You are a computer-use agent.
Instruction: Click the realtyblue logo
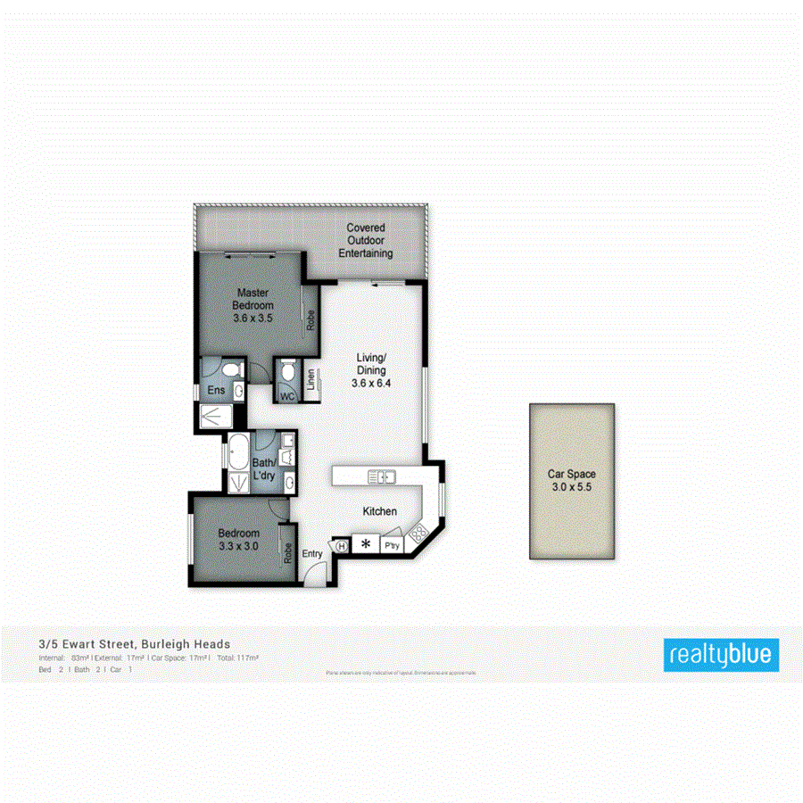721,655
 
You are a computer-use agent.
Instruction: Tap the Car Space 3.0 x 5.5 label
572,481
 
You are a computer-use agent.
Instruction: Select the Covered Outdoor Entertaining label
366,241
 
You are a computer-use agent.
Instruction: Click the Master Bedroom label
252,304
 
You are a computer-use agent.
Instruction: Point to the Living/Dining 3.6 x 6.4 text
372,371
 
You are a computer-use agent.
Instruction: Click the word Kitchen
379,511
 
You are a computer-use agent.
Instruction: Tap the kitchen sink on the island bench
381,476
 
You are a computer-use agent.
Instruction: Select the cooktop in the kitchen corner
416,538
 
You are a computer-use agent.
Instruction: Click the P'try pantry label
390,544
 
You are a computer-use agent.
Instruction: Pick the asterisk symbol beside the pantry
365,543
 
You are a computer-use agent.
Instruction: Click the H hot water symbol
342,544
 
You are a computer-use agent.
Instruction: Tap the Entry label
312,554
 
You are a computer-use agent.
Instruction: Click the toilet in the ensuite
230,369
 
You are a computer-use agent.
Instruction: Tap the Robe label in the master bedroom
310,319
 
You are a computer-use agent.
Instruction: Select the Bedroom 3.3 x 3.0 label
238,541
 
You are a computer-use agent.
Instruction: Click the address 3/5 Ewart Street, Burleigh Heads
134,643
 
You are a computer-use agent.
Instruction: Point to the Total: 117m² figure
237,658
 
